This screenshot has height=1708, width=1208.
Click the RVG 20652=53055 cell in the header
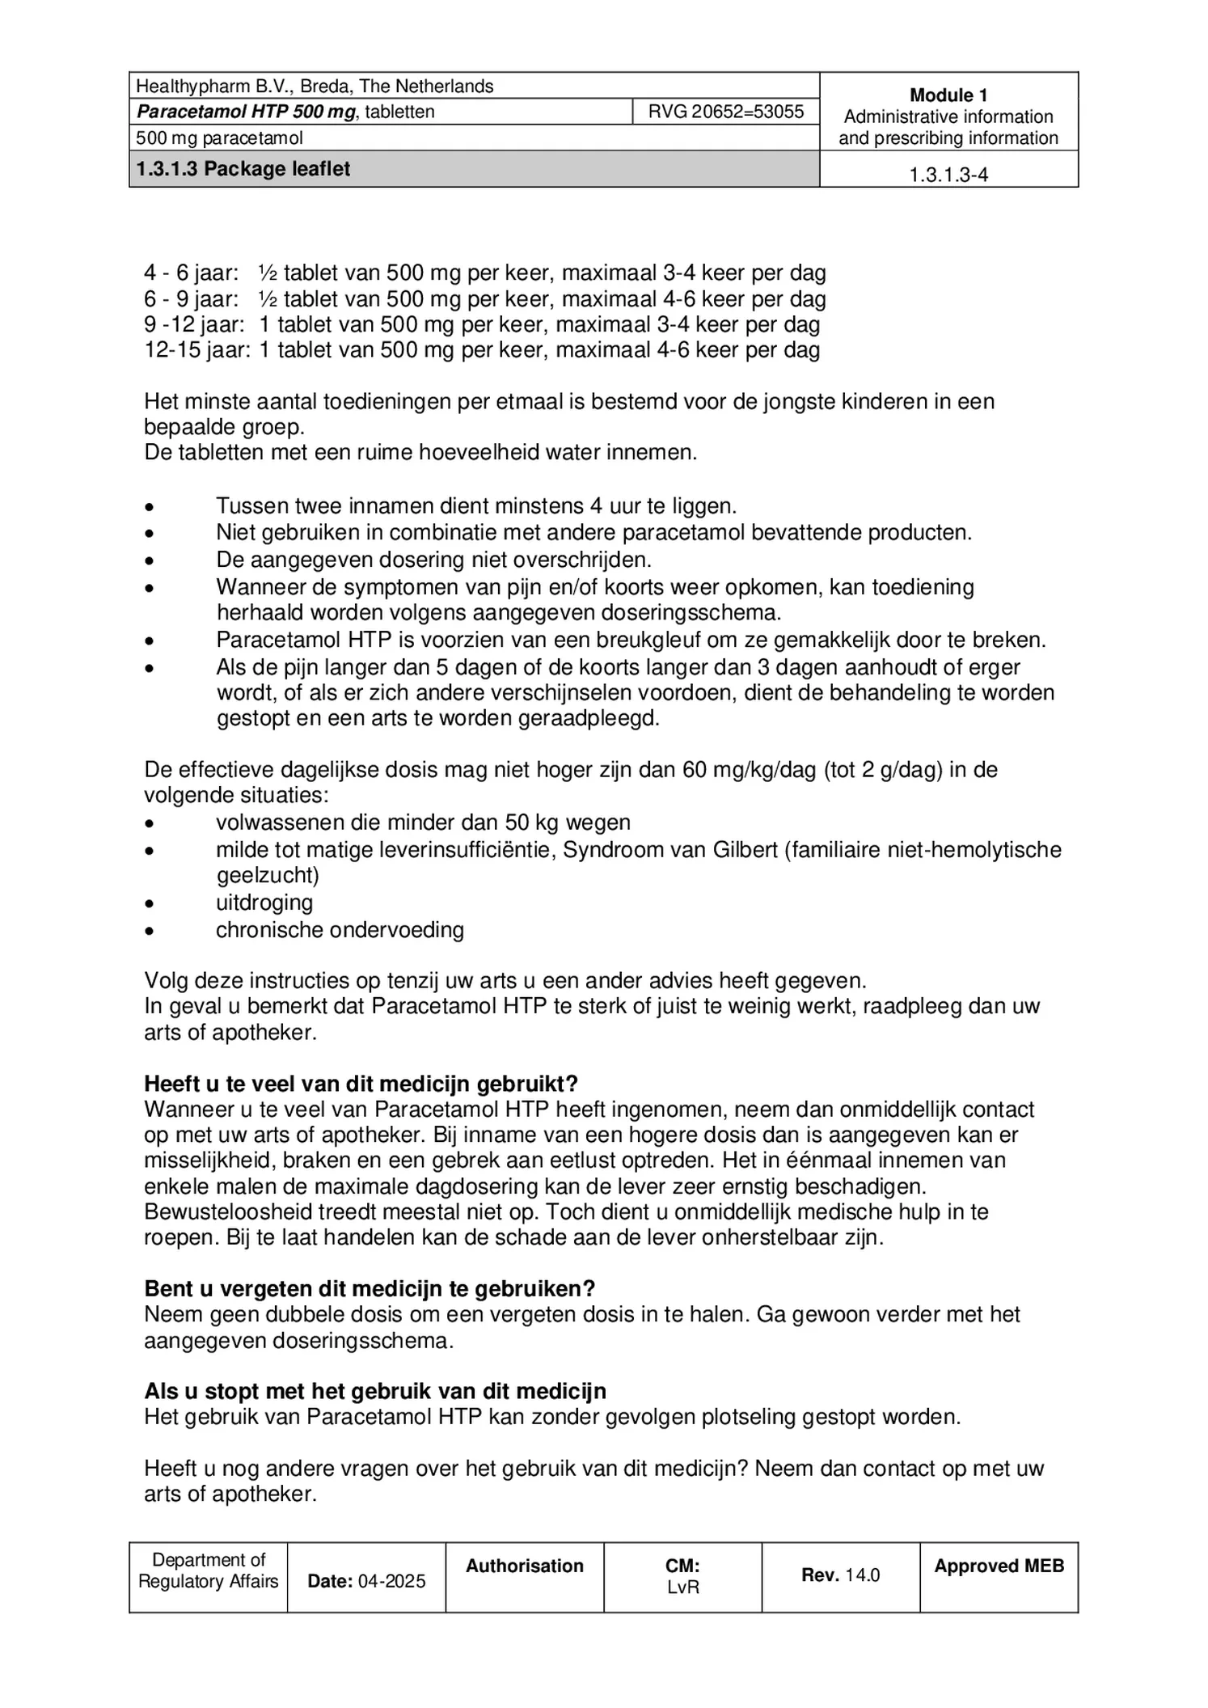725,112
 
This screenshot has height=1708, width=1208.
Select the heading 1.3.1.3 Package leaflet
243,169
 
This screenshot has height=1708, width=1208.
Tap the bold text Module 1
948,95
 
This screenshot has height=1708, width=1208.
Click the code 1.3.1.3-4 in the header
948,175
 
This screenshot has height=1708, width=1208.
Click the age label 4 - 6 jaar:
192,273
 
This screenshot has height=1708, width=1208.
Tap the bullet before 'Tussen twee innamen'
149,508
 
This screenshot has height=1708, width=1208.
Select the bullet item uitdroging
264,903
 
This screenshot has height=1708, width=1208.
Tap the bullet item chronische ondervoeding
340,930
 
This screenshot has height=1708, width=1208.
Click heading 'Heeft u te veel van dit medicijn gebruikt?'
361,1084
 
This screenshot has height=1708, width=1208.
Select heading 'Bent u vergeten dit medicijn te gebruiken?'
370,1288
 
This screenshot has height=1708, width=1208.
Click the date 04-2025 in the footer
391,1581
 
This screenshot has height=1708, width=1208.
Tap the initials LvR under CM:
682,1587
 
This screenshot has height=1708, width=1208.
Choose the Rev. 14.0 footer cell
840,1575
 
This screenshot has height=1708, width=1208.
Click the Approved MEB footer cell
999,1566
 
